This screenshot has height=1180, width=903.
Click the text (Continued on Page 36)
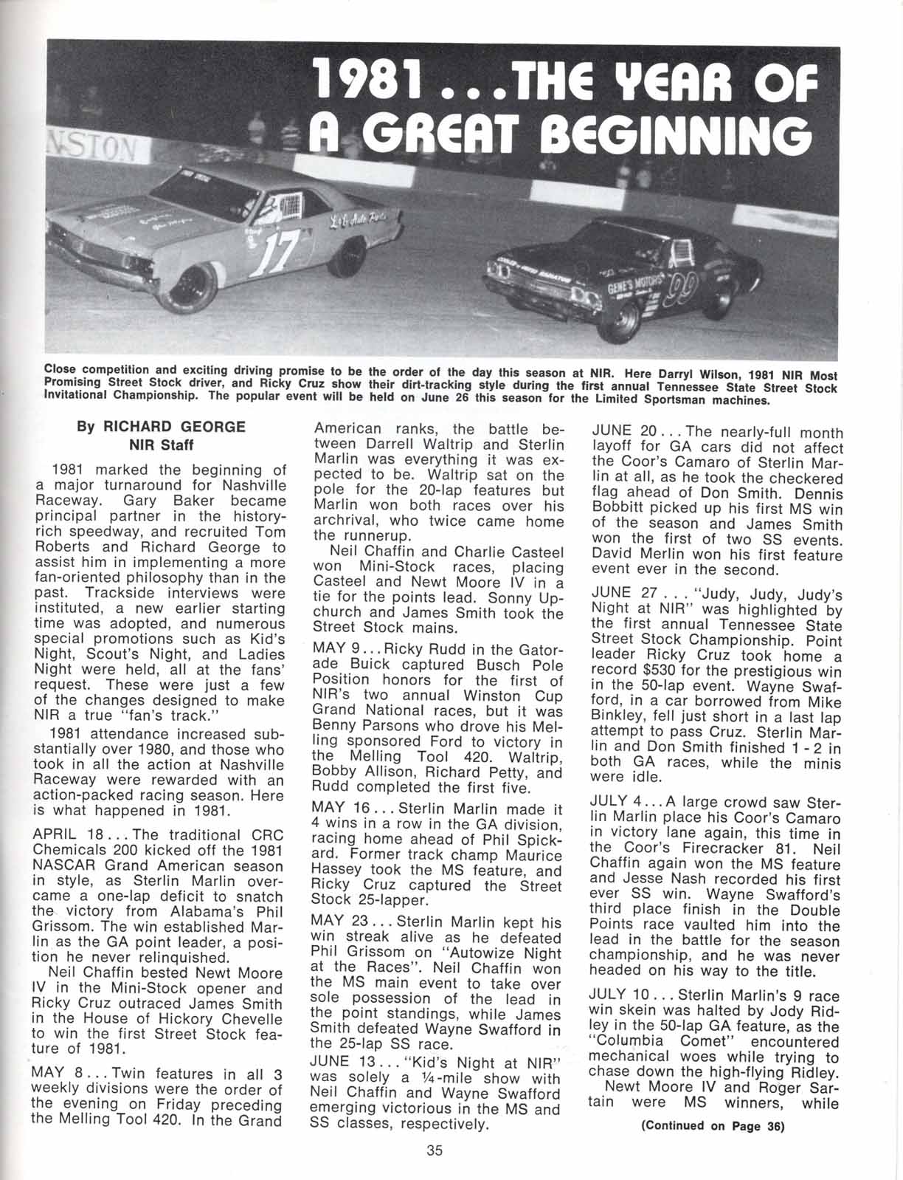point(713,1126)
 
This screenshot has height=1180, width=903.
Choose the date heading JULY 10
point(623,995)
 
